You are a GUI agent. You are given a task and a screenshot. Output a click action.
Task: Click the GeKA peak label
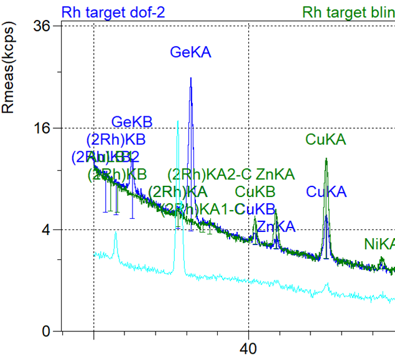pyautogui.click(x=191, y=53)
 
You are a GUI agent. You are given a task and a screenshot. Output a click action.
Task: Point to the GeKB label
pyautogui.click(x=132, y=121)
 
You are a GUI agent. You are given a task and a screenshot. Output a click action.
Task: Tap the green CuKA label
pyautogui.click(x=325, y=139)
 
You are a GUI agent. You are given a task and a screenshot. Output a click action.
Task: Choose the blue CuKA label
pyautogui.click(x=326, y=192)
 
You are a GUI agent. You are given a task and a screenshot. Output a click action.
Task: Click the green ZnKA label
pyautogui.click(x=275, y=173)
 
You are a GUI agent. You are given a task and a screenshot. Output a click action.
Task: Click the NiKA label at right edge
pyautogui.click(x=379, y=244)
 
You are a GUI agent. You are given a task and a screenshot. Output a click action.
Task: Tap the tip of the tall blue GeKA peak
pyautogui.click(x=191, y=78)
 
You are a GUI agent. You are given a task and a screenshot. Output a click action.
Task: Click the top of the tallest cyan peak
pyautogui.click(x=178, y=121)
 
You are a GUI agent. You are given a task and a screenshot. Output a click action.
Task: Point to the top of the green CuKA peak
pyautogui.click(x=326, y=159)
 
